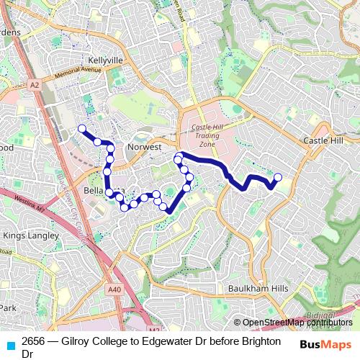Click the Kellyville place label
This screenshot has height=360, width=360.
(105, 60)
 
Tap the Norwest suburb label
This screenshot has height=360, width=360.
(144, 146)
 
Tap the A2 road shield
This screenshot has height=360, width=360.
(34, 85)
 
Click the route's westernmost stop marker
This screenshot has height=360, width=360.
(82, 129)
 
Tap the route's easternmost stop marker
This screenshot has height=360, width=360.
(278, 176)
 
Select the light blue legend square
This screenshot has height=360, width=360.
(9, 345)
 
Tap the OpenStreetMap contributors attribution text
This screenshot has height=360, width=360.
(297, 323)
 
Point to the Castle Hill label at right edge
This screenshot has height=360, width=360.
(323, 140)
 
